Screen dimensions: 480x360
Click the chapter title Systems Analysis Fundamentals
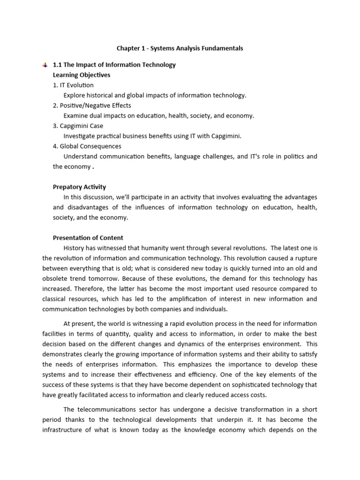tap(180, 48)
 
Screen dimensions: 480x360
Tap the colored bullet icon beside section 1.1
tap(45, 65)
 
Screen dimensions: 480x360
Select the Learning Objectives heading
tap(82, 75)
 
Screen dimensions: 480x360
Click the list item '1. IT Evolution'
tap(73, 85)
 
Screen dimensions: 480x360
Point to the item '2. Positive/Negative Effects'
tap(92, 105)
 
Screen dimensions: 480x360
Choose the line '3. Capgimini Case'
tap(78, 126)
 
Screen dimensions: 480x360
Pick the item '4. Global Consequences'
tap(87, 146)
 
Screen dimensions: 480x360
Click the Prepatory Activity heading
tap(79, 187)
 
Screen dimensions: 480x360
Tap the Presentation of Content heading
tap(88, 238)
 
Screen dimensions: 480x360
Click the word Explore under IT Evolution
tap(75, 95)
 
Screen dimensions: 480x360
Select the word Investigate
tap(79, 136)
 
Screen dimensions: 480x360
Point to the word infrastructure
tap(63, 430)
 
